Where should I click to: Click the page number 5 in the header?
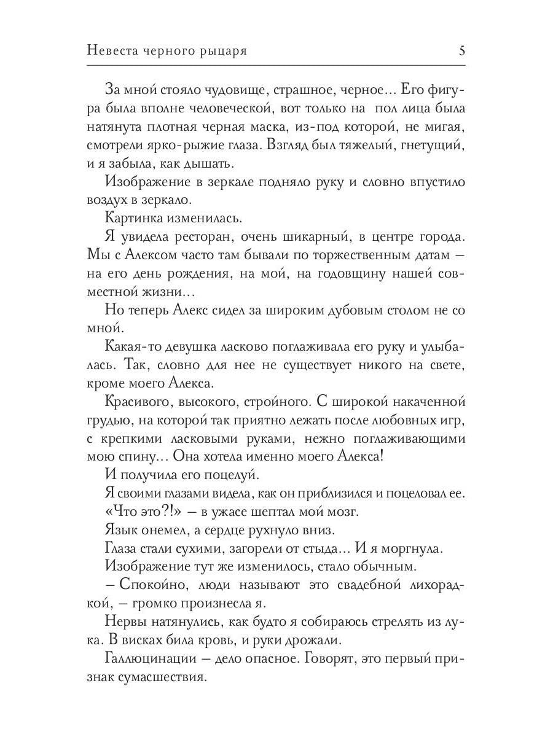[461, 51]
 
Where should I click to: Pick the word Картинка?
[133, 219]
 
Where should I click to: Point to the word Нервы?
[125, 622]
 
